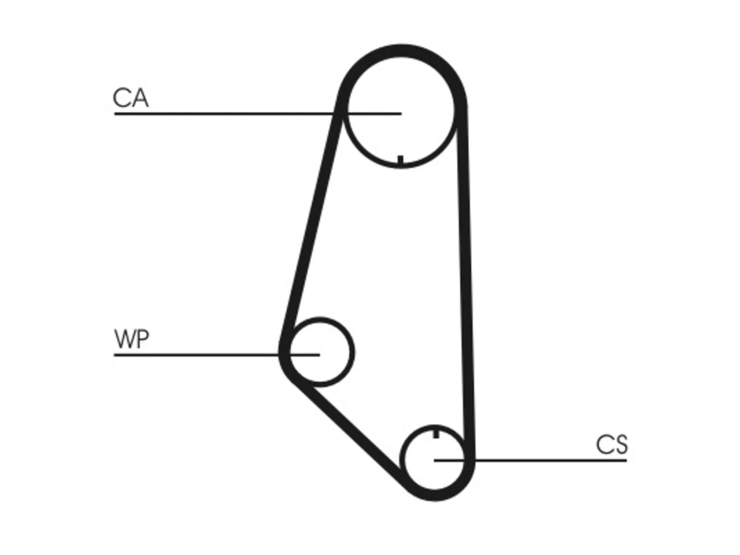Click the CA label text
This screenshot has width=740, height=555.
(131, 98)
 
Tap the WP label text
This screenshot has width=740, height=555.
(131, 339)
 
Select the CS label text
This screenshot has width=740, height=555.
(612, 445)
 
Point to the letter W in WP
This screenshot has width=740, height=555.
(125, 339)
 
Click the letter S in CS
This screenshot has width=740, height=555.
(621, 445)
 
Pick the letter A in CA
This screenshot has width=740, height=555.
(139, 98)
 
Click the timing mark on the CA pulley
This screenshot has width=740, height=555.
(401, 161)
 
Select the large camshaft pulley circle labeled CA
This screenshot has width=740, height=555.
(347, 111)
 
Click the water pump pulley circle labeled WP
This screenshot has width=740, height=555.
(352, 353)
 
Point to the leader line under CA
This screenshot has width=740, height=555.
(258, 114)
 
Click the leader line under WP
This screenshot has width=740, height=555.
(217, 355)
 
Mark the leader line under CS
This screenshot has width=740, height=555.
(530, 460)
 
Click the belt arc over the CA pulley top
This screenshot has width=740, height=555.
(401, 50)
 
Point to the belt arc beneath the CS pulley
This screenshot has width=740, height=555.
(435, 495)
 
